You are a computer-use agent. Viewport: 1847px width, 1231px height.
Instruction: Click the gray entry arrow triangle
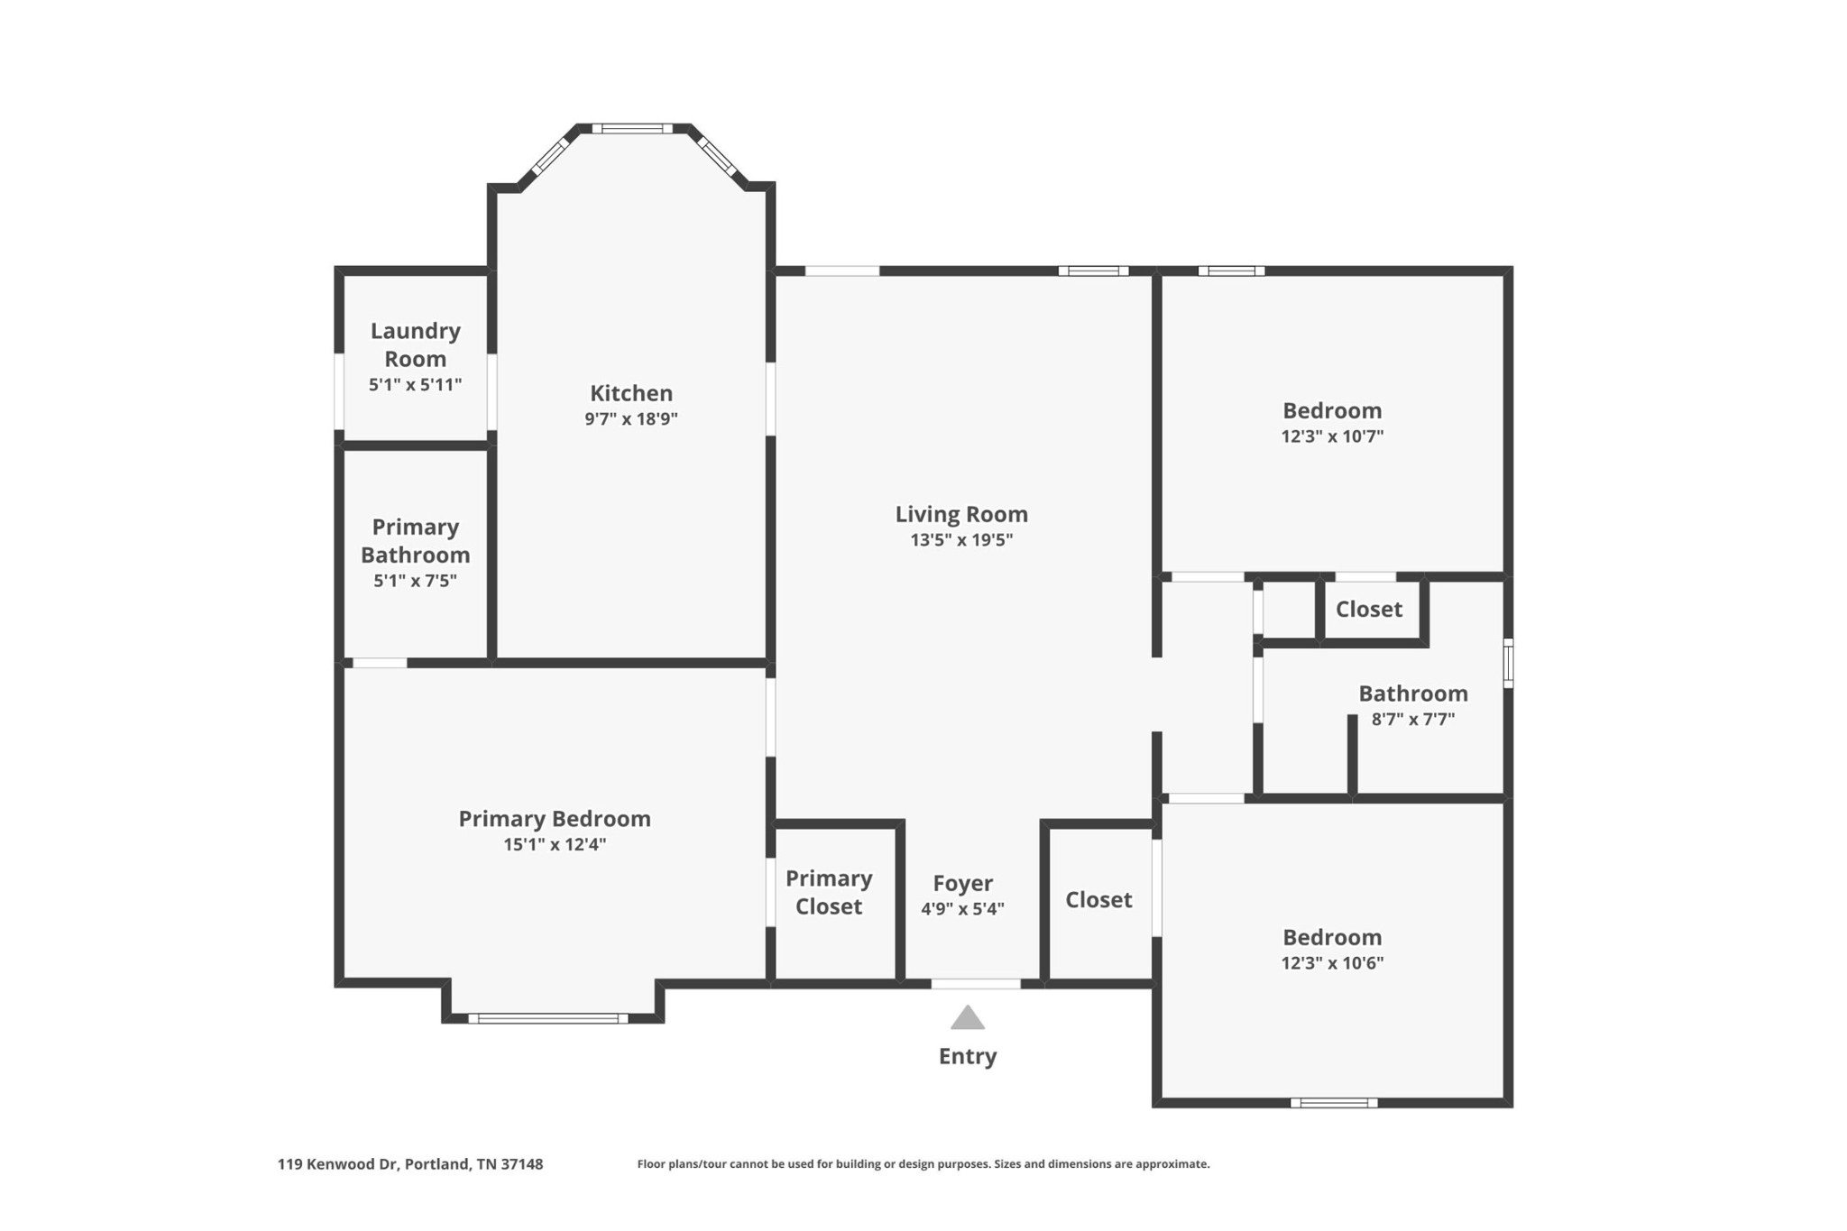968,1018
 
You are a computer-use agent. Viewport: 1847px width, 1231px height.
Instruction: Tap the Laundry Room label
416,344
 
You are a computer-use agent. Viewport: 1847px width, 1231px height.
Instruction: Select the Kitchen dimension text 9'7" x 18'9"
631,418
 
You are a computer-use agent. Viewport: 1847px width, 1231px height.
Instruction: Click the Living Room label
961,514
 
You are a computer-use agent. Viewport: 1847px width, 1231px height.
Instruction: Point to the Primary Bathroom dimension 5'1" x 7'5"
416,581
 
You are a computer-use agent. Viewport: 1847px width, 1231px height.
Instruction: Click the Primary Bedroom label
555,819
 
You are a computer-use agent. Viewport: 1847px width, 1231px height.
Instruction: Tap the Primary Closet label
829,892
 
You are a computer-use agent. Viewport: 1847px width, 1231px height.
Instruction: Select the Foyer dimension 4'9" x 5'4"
962,909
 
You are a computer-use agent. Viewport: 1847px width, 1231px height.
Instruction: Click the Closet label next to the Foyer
1098,899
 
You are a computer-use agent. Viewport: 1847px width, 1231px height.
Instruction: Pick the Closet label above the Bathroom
1369,609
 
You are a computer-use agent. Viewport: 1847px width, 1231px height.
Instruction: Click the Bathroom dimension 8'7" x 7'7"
1413,720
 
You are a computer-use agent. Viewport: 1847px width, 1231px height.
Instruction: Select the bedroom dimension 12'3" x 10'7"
1332,436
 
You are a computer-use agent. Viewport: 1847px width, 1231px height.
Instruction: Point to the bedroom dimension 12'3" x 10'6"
1332,963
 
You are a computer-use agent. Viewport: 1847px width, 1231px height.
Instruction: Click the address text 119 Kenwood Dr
338,1164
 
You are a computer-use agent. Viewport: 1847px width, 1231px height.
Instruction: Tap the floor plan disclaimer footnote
923,1164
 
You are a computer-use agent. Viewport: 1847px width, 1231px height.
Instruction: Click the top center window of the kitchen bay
632,129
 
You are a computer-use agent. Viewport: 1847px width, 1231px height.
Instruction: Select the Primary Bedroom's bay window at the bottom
548,1019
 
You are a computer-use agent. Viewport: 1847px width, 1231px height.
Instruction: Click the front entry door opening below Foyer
976,984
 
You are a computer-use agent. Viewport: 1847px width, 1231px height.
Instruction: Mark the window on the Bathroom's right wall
1508,663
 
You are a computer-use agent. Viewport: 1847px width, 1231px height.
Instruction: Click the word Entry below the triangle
968,1056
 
